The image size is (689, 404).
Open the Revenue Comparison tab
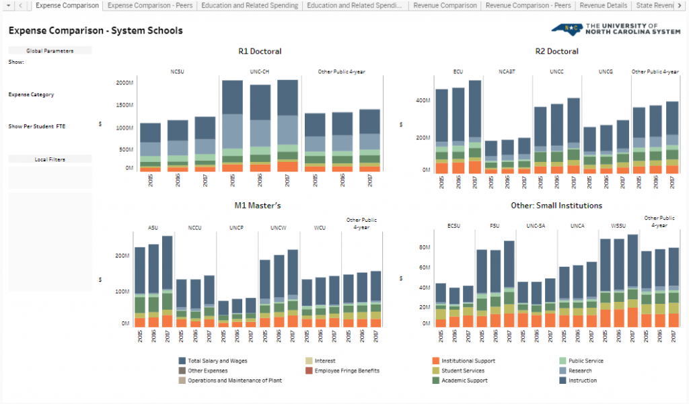(445, 5)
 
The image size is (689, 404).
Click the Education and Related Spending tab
(259, 5)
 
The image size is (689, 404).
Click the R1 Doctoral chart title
(260, 52)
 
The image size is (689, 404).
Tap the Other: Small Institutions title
(556, 205)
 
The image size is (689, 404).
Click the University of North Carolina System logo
(616, 30)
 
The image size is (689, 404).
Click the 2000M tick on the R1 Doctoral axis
(124, 83)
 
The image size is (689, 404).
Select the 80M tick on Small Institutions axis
(424, 247)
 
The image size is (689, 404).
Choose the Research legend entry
(579, 370)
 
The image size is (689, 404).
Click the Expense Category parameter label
(31, 95)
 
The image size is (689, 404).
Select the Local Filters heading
(50, 159)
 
